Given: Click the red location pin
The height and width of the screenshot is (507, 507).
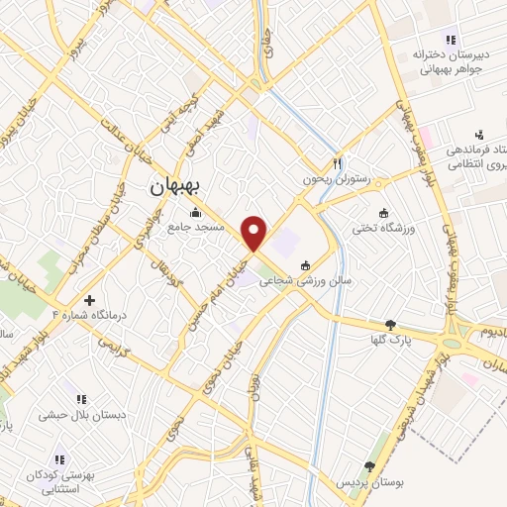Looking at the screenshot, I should click(254, 232).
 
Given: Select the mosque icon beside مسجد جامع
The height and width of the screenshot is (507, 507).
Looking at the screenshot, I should click(195, 212).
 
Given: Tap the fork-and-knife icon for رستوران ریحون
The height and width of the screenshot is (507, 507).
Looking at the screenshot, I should click(337, 163).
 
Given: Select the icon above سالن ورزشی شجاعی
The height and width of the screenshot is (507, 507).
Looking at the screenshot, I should click(305, 264).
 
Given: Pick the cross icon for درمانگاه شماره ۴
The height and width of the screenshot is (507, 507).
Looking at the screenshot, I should click(90, 299).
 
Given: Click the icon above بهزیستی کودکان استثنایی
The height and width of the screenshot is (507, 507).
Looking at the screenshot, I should click(60, 459).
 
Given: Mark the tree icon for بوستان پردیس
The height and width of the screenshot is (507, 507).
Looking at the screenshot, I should click(370, 465).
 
